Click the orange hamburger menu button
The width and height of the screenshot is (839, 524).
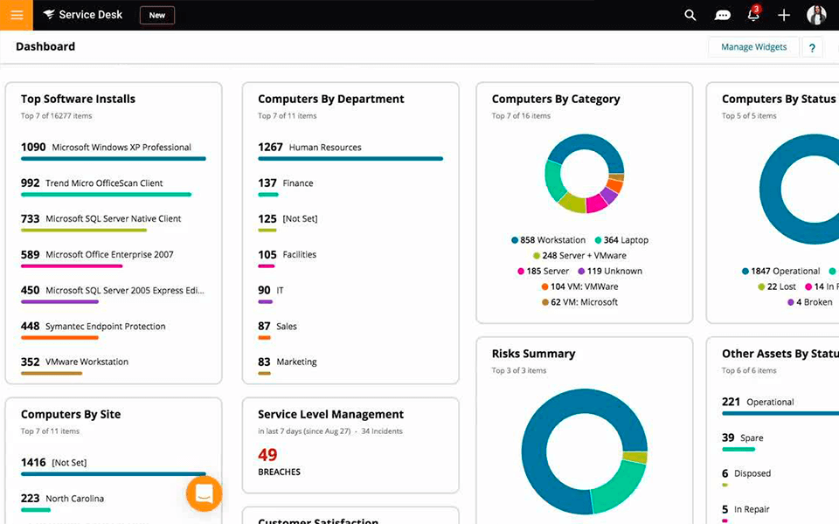(x=17, y=15)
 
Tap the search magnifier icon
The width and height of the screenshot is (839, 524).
(x=690, y=15)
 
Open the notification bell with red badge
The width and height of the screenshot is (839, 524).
(x=753, y=15)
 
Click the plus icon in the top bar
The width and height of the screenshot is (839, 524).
(x=784, y=15)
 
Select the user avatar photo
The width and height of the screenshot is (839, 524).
(x=816, y=15)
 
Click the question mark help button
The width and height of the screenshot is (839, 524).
(x=812, y=48)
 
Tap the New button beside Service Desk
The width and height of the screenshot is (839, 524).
(x=157, y=15)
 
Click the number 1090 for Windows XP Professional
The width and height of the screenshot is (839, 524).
(x=33, y=148)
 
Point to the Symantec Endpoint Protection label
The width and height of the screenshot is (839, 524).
(x=105, y=327)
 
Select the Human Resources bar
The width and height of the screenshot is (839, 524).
(x=350, y=159)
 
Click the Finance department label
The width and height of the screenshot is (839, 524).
(x=298, y=183)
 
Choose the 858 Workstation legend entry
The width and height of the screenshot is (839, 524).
(x=548, y=240)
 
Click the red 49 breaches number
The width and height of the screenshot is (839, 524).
(x=267, y=454)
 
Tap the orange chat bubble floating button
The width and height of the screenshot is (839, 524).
(x=204, y=493)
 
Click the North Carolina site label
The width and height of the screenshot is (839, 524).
(x=74, y=499)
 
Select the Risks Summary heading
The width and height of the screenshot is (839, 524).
(x=533, y=354)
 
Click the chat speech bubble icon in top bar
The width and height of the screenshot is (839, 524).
(x=723, y=15)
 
